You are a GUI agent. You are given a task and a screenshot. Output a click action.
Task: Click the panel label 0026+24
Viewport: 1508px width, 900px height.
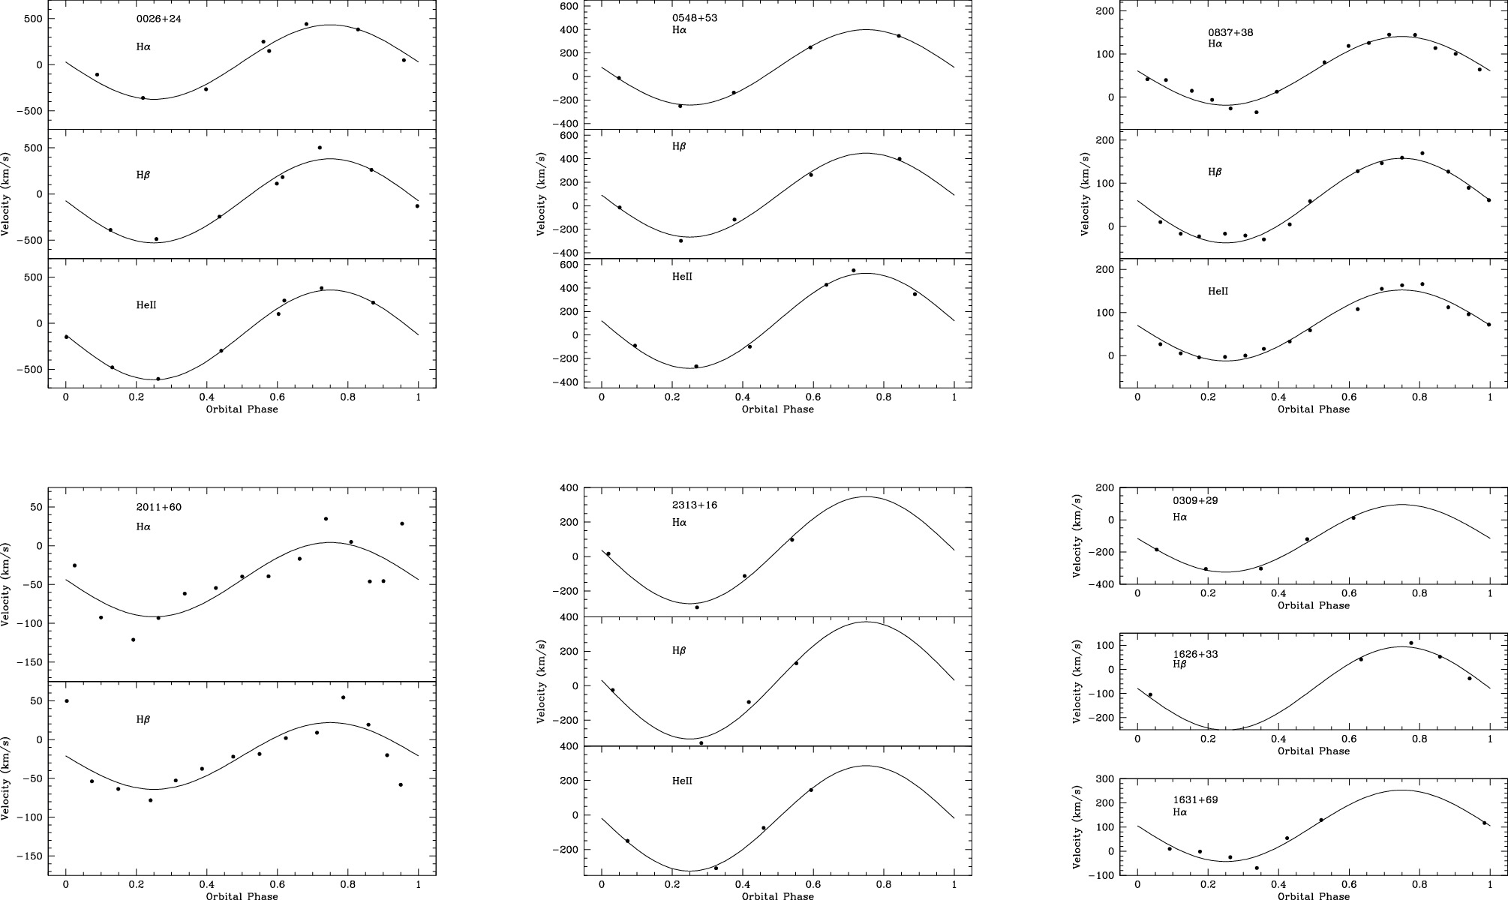(x=158, y=19)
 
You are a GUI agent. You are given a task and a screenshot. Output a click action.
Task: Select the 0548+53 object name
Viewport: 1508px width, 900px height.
(x=694, y=18)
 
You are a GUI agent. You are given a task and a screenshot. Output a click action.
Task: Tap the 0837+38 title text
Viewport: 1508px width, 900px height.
(x=1230, y=33)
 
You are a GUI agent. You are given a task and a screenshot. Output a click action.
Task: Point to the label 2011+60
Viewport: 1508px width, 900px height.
(x=158, y=508)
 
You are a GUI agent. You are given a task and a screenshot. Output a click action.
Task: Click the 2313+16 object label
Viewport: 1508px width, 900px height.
(x=694, y=505)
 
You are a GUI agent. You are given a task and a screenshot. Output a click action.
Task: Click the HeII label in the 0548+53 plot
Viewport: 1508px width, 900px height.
(x=682, y=277)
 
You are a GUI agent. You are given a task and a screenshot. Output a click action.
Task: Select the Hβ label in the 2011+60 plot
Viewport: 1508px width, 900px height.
(x=143, y=719)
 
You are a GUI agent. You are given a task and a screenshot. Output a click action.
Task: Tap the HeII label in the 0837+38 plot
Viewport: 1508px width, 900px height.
(x=1218, y=292)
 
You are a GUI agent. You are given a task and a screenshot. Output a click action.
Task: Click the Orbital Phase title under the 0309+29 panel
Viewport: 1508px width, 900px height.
(x=1313, y=606)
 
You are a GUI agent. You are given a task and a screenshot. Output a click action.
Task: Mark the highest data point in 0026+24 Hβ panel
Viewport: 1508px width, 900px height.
(x=320, y=148)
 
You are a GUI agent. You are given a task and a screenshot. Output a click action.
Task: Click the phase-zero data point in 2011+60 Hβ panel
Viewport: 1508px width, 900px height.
(x=67, y=701)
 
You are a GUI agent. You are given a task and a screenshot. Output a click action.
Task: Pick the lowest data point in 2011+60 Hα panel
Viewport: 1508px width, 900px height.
(x=134, y=640)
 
